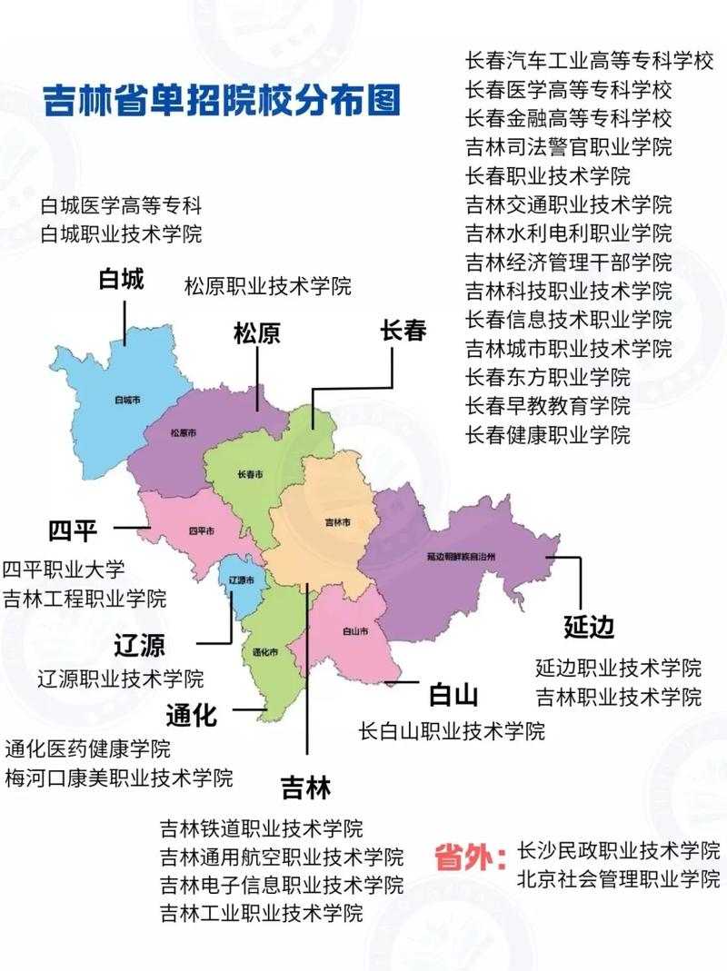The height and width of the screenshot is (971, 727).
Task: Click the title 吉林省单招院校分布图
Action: pos(223,100)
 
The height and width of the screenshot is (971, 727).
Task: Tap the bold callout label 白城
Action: pos(122,280)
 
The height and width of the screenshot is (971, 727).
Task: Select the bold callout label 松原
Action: pos(257,333)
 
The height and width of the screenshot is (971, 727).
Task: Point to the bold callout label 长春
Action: pos(403,330)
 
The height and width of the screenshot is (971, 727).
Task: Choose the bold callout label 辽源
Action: pos(140,647)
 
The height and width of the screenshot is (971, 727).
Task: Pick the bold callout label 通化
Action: pos(192,716)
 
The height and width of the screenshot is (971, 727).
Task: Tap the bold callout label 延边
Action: pos(589,627)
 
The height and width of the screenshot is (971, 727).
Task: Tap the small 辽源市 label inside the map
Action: pos(240,580)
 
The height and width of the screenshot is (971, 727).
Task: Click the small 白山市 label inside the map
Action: pos(355,630)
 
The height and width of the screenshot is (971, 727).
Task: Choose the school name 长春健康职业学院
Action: pos(548,434)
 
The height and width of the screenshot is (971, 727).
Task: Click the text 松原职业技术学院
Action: pos(268,286)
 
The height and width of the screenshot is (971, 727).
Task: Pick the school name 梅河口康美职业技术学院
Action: pos(119,778)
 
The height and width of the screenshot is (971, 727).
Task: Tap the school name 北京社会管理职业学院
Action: pos(618,879)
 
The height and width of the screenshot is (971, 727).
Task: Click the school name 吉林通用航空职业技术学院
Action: pos(282,857)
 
